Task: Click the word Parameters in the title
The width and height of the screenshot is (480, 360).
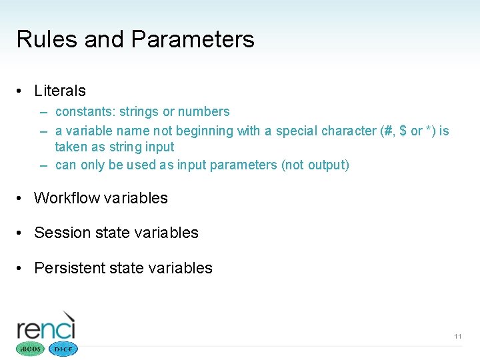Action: (x=193, y=39)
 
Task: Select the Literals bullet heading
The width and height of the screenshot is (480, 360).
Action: (x=60, y=91)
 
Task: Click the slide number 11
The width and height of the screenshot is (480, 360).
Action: (x=457, y=337)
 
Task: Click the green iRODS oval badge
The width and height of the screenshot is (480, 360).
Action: (x=29, y=349)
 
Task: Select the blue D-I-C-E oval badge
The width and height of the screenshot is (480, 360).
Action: (x=63, y=349)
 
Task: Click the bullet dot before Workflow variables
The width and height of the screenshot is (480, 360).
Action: (x=21, y=199)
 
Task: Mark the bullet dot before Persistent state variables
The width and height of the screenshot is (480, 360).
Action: (x=21, y=269)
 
